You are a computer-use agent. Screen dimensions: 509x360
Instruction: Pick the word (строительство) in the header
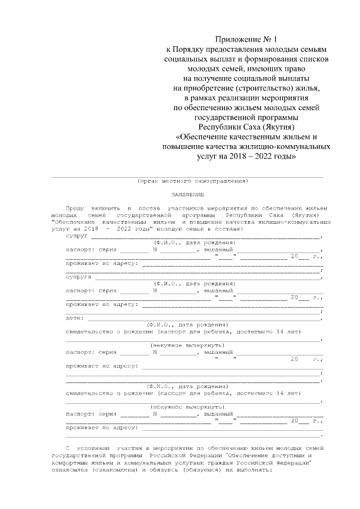(x=249, y=88)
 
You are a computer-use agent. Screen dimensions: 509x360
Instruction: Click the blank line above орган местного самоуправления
(x=187, y=176)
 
